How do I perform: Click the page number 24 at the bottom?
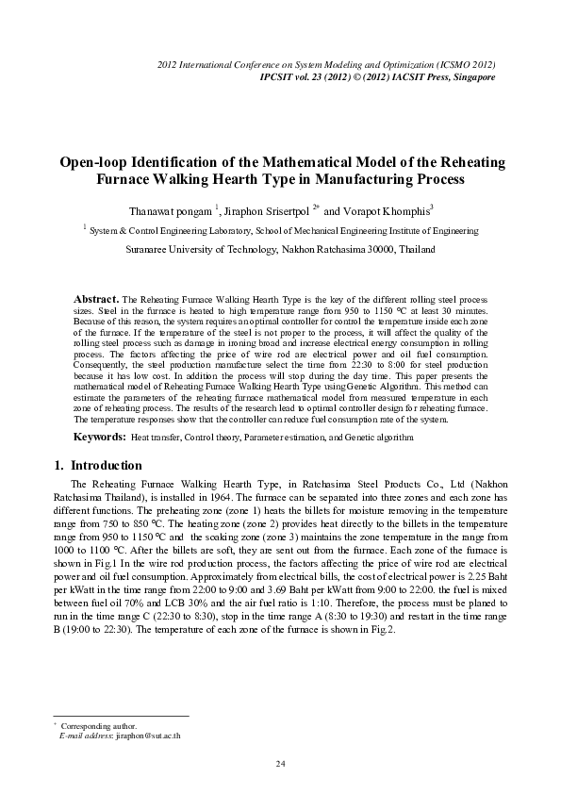280,763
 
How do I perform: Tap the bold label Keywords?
100,438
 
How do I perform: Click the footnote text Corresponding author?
98,725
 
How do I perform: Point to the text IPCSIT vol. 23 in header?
291,75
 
